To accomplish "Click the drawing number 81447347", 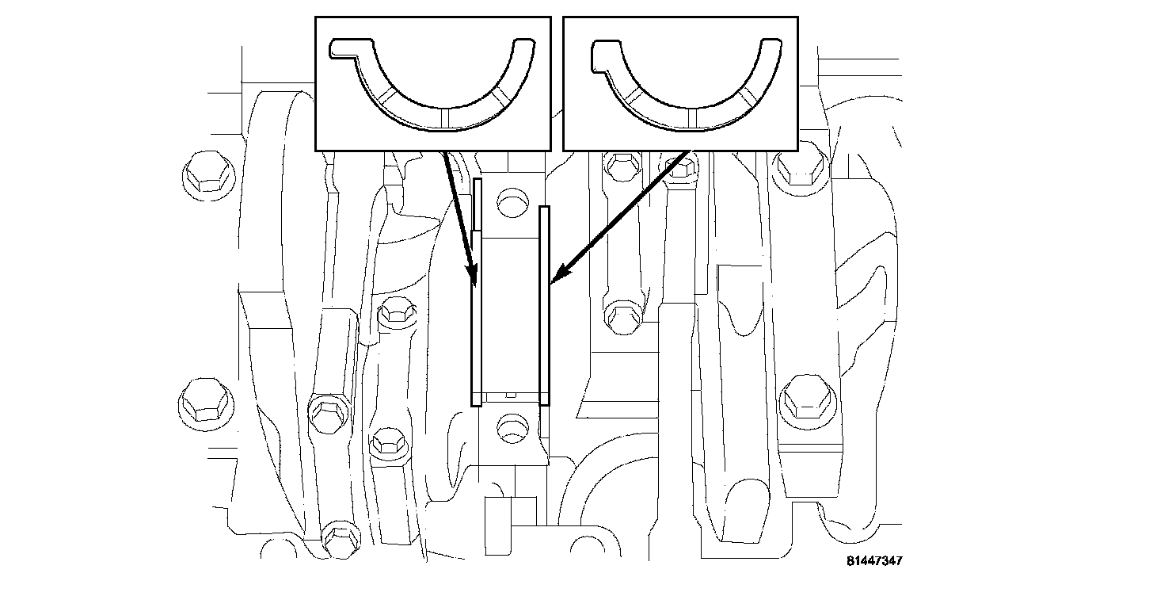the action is [873, 561].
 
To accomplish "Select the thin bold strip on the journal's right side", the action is [544, 305].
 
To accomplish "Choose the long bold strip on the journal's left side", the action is [476, 317].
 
